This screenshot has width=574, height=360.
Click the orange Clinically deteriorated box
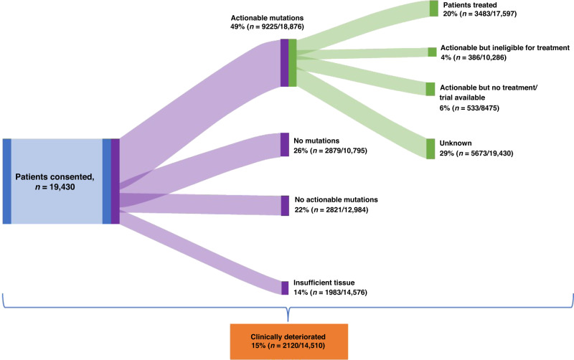point(288,341)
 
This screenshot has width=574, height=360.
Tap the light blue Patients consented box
point(57,181)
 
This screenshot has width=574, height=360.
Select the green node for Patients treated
point(433,9)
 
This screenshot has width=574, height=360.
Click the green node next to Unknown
point(430,148)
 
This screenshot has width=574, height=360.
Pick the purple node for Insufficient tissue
point(284,288)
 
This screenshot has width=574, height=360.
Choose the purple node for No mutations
point(284,144)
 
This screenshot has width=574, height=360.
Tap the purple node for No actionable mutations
point(285,205)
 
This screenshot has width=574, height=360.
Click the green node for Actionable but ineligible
point(432,52)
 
